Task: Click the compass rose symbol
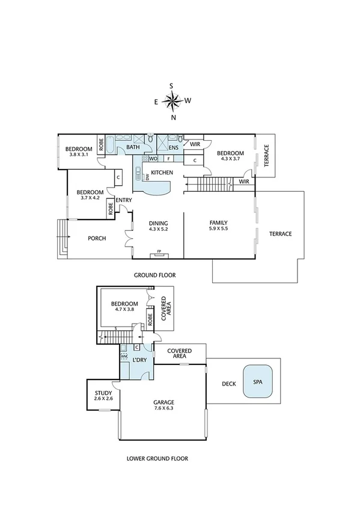pos(172,102)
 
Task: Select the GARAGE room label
pos(163,402)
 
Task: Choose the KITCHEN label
pos(162,173)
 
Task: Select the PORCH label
pos(97,239)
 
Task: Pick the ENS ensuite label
pos(173,147)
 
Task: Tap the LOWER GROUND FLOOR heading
pos(157,458)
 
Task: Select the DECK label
pos(228,383)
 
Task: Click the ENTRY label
pos(124,201)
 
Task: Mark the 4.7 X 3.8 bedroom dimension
pos(124,310)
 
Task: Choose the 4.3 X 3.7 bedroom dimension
pos(230,159)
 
